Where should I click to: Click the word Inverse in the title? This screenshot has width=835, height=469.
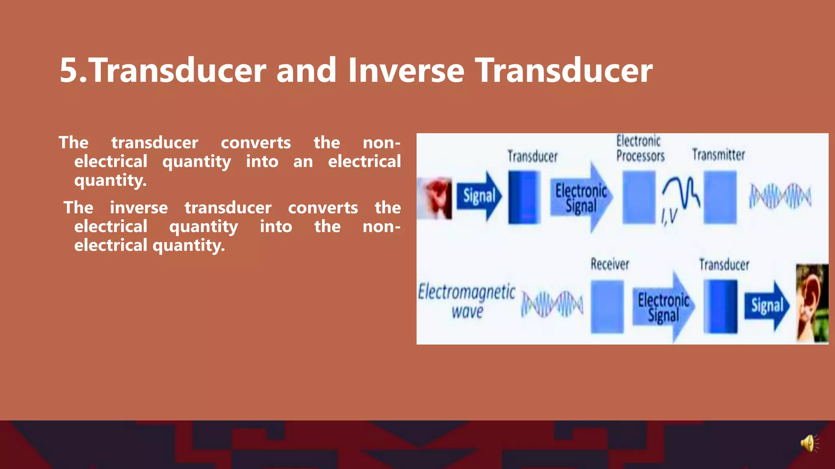pos(406,70)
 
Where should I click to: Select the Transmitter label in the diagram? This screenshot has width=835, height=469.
pos(718,155)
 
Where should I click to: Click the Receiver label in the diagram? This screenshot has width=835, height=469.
pos(610,264)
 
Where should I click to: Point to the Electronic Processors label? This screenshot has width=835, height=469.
pos(640,149)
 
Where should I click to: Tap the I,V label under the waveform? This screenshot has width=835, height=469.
pos(669,216)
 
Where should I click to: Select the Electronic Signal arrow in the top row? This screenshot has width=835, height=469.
pos(581,198)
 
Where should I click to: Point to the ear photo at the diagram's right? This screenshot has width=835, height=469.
pos(812,303)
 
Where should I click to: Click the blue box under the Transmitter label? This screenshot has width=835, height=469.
pos(720,197)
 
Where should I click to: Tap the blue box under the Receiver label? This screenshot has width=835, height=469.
pos(607,307)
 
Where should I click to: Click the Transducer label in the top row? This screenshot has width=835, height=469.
pos(532,156)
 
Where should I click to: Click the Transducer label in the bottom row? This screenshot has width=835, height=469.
pos(724,265)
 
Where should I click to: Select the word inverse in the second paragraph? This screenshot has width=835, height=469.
pos(139,208)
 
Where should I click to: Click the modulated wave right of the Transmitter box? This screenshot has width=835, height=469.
pos(780,196)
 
